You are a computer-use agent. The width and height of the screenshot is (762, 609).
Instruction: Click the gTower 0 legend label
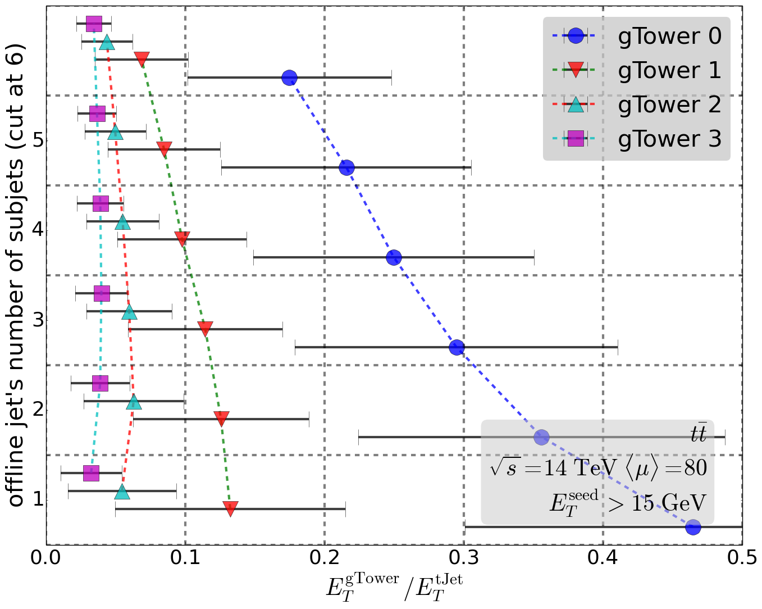pos(669,37)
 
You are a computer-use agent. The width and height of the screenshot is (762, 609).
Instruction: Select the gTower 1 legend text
pos(669,71)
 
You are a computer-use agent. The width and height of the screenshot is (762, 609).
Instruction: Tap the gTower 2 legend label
pos(669,105)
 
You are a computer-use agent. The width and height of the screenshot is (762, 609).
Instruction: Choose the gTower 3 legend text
pos(669,139)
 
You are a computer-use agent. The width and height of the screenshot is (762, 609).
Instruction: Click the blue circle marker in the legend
pos(576,36)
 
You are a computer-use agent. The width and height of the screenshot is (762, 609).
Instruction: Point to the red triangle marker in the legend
pos(576,70)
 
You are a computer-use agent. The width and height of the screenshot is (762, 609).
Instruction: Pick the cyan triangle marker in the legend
pos(576,104)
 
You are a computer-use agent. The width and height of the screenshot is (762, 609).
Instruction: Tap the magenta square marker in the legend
pos(576,138)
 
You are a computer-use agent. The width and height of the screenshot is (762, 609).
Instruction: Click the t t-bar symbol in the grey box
pos(698,433)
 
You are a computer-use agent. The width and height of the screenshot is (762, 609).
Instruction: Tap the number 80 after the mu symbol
pos(696,468)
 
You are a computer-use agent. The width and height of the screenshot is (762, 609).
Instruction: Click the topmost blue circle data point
pos(289,78)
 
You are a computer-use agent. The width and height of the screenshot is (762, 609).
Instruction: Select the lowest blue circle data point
pos(693,527)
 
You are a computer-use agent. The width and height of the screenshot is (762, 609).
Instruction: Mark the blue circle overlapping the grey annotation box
pos(541,437)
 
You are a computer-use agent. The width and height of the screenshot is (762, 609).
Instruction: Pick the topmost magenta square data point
pos(94,24)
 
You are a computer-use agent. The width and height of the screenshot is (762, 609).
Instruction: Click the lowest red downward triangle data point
pos(230,508)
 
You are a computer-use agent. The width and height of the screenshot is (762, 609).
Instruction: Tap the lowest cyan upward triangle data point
pos(122,492)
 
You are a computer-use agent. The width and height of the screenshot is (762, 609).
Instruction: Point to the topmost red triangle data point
pos(142,59)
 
